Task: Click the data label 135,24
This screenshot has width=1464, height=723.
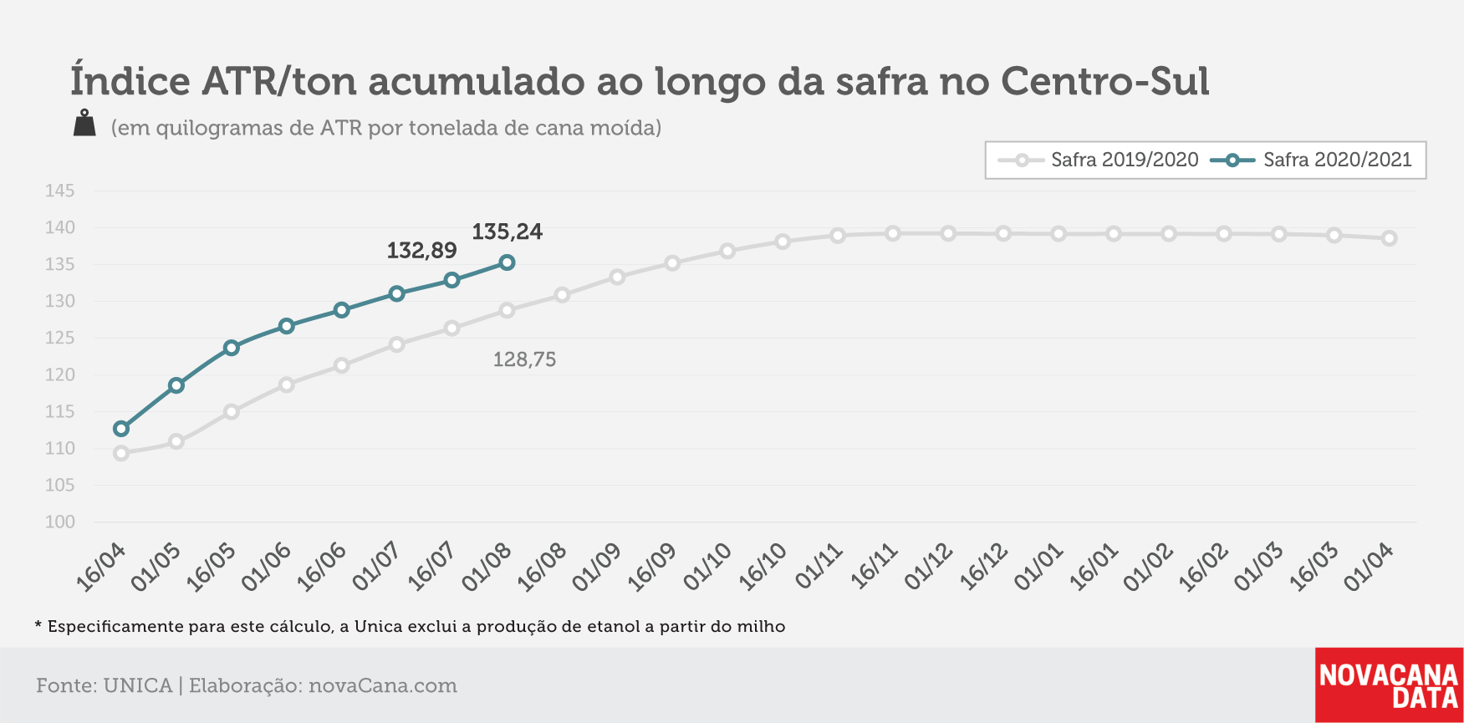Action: [x=507, y=232]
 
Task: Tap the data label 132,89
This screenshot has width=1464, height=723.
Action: [x=421, y=251]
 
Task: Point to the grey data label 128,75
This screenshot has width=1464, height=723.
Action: [x=524, y=359]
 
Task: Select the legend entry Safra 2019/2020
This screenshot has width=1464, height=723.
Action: [x=1099, y=160]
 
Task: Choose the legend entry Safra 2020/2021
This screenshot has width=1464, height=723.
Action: [x=1311, y=160]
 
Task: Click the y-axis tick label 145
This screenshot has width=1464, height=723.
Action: [x=60, y=191]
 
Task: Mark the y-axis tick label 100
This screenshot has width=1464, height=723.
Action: [x=60, y=522]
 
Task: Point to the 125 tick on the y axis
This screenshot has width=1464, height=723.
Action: [x=60, y=338]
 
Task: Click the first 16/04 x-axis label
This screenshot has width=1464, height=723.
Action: [x=101, y=567]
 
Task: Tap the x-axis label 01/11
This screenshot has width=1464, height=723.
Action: [x=819, y=567]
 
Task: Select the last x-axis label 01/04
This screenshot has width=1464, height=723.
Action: [x=1369, y=567]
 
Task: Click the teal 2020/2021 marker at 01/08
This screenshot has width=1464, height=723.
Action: [x=507, y=262]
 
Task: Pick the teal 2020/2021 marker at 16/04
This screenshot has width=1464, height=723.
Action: [x=121, y=429]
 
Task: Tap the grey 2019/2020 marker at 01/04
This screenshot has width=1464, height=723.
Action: [x=1389, y=238]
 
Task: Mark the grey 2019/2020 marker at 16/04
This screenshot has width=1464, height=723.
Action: [x=121, y=453]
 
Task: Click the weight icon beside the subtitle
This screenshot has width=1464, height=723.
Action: [x=84, y=123]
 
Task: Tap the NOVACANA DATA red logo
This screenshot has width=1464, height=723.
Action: [x=1389, y=685]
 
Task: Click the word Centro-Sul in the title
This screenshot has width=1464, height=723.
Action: [x=1104, y=81]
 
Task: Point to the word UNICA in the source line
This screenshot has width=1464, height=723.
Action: [x=137, y=685]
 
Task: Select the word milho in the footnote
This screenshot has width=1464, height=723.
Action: [x=762, y=626]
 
